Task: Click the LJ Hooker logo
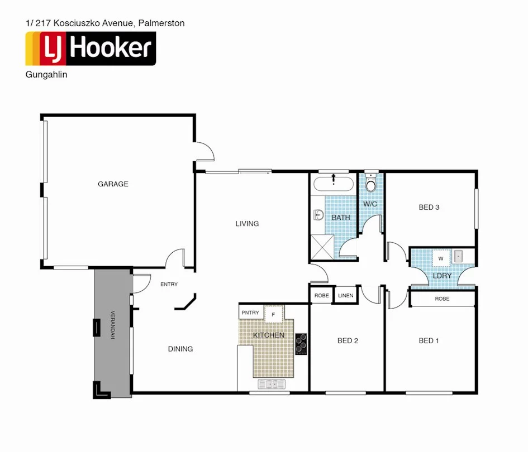tap(91, 49)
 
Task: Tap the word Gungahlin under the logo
tap(46, 75)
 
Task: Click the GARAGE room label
tap(113, 184)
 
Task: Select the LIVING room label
tap(247, 224)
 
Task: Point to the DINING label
tap(180, 349)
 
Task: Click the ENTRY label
tap(169, 285)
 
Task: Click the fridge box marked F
tap(273, 314)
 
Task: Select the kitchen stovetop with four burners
tap(301, 344)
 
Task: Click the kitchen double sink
tap(272, 384)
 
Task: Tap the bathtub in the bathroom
tap(333, 184)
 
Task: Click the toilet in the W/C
tap(370, 185)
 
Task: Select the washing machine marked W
tap(441, 258)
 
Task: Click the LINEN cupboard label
tap(345, 296)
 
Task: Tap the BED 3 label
tap(429, 208)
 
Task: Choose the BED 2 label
tap(348, 340)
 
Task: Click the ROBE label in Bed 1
tap(442, 299)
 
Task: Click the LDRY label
tap(441, 276)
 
